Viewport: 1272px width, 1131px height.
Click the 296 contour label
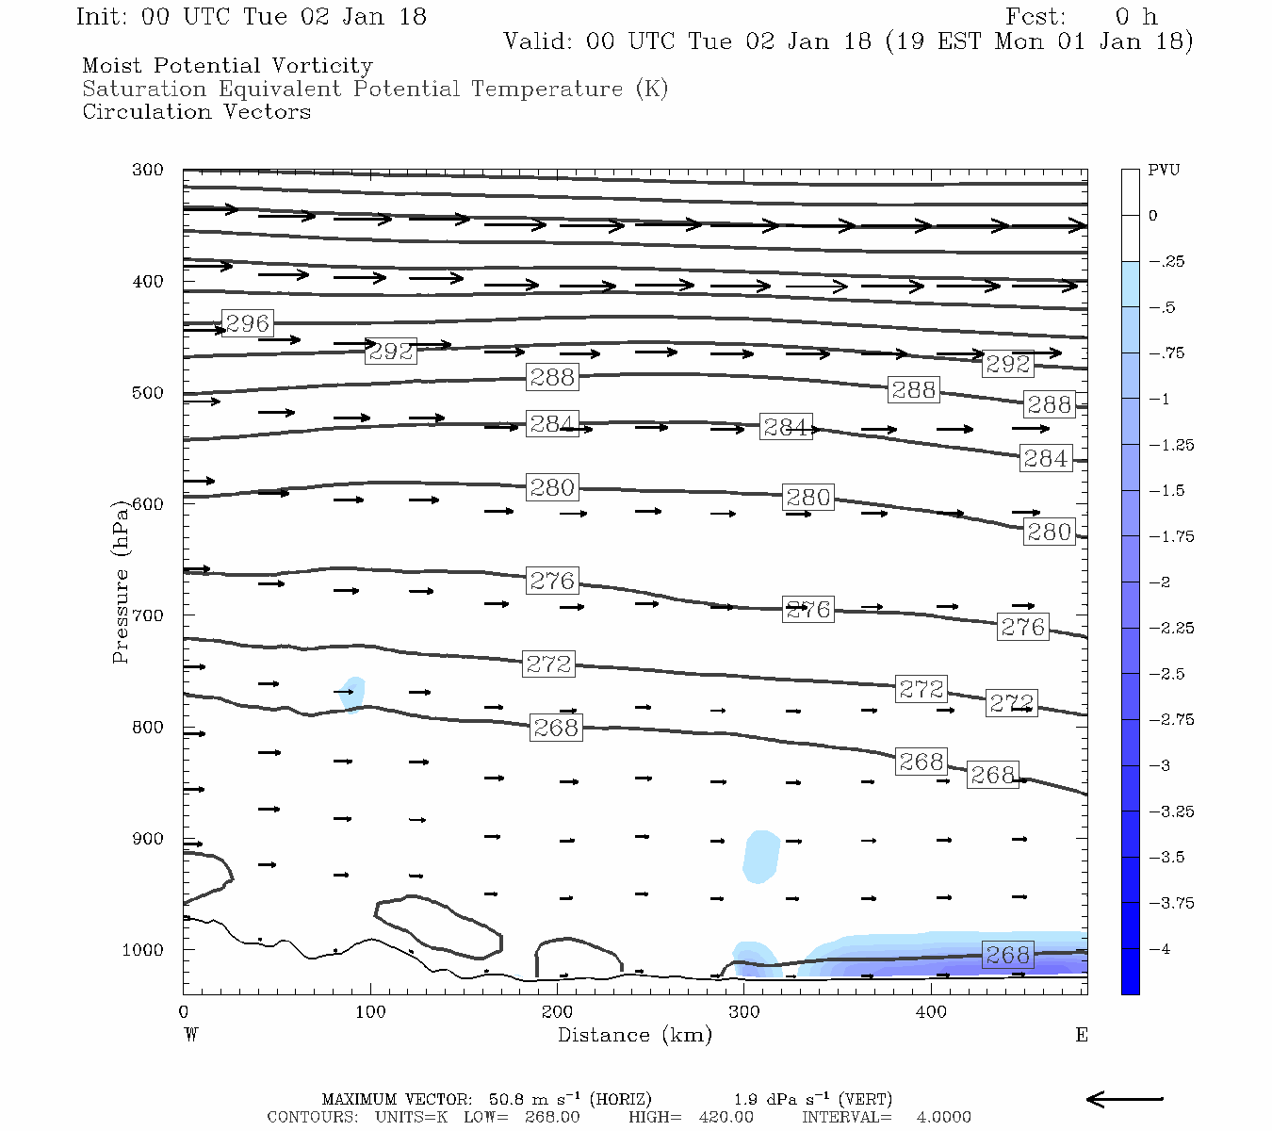(x=247, y=323)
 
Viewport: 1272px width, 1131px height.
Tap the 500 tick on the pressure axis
(x=147, y=393)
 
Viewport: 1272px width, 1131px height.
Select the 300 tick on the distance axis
(x=744, y=1012)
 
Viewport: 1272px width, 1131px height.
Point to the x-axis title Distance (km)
(x=634, y=1035)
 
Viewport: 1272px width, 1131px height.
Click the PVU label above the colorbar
(x=1163, y=171)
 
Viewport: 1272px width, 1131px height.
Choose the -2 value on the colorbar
(x=1159, y=582)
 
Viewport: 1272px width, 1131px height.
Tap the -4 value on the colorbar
(x=1159, y=949)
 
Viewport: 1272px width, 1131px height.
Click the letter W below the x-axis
(x=191, y=1035)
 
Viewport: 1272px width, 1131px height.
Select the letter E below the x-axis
(x=1081, y=1035)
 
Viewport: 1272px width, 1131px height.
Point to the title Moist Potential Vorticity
(x=227, y=66)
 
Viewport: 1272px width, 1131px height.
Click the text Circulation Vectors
(x=196, y=112)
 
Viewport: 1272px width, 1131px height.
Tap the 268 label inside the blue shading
(x=1007, y=955)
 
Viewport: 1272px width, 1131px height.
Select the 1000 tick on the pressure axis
(x=142, y=950)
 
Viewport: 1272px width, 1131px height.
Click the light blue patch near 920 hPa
(x=761, y=857)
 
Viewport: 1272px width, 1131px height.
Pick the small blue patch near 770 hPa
(x=353, y=694)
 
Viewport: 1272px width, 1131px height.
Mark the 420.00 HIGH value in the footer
(x=726, y=1117)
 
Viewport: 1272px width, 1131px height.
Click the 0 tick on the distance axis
(x=184, y=1012)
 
